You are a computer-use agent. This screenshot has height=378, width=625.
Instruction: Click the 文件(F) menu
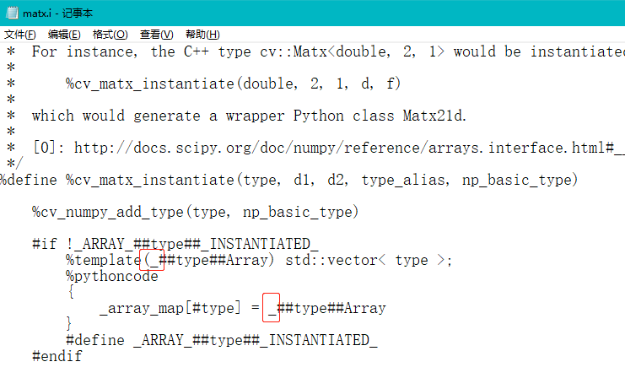pyautogui.click(x=20, y=34)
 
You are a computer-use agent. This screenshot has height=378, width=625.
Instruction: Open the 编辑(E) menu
pyautogui.click(x=64, y=34)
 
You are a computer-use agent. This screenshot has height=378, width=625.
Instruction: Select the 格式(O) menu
pyautogui.click(x=110, y=34)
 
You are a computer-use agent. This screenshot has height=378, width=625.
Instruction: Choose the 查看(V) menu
pyautogui.click(x=156, y=34)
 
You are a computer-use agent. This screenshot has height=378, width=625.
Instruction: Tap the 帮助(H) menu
pyautogui.click(x=202, y=34)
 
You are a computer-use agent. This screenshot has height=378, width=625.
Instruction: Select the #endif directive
pyautogui.click(x=57, y=356)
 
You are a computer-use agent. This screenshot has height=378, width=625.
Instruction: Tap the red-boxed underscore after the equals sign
pyautogui.click(x=272, y=308)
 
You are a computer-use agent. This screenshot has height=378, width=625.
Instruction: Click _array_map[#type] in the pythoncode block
pyautogui.click(x=170, y=308)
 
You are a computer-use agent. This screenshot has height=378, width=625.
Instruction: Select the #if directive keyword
pyautogui.click(x=45, y=244)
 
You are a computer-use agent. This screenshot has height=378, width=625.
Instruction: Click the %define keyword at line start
pyautogui.click(x=31, y=180)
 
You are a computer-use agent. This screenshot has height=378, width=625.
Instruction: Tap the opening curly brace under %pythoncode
pyautogui.click(x=71, y=292)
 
